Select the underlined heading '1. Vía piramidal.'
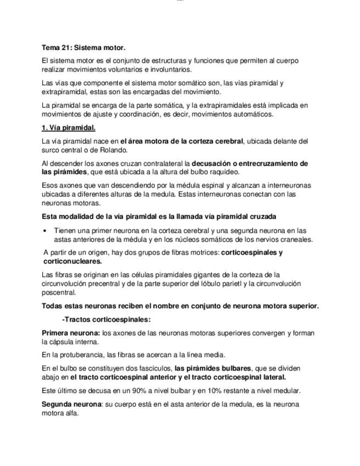click(x=69, y=128)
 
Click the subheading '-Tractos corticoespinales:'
click(x=106, y=319)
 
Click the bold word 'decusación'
click(x=211, y=163)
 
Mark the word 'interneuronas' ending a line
click(x=286, y=186)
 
